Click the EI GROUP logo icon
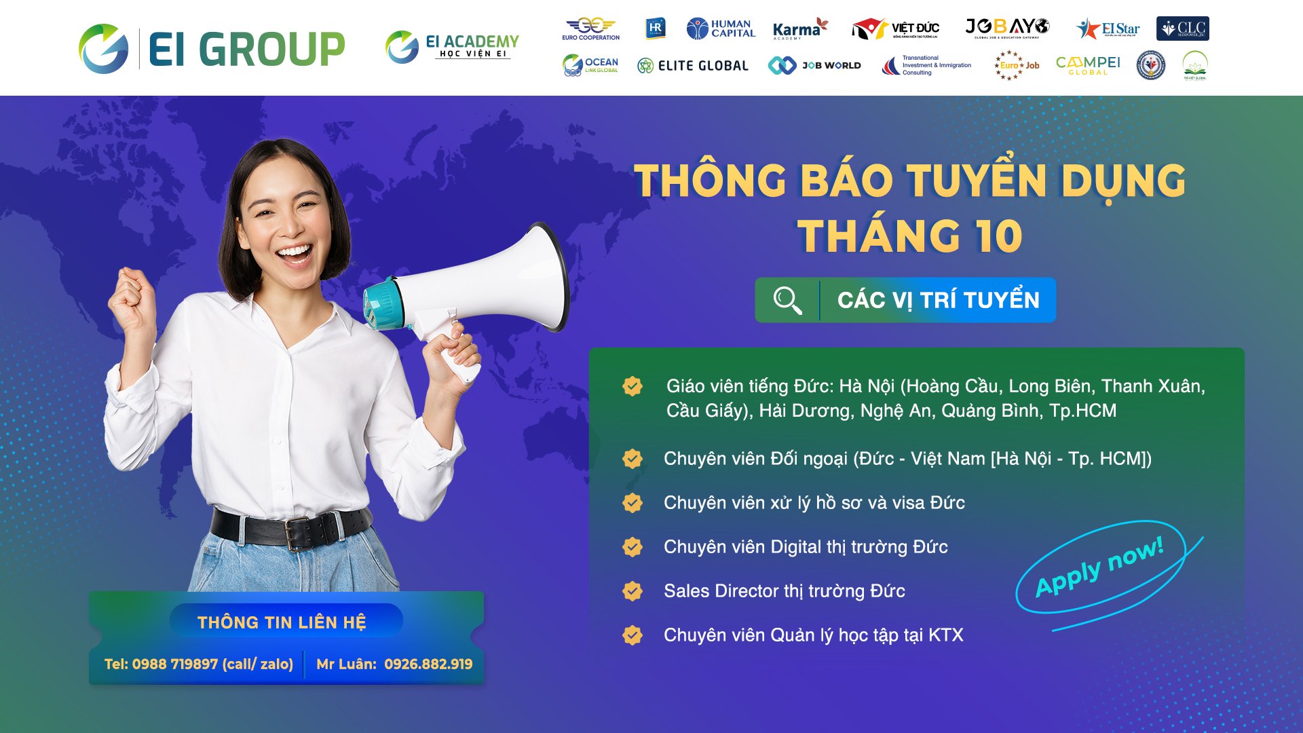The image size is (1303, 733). pyautogui.click(x=103, y=49)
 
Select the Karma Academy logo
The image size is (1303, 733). pyautogui.click(x=800, y=29)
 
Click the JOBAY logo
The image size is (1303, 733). pyautogui.click(x=1007, y=28)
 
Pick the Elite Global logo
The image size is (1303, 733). pyautogui.click(x=693, y=66)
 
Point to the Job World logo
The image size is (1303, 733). pyautogui.click(x=814, y=65)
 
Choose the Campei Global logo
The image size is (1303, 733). pyautogui.click(x=1088, y=65)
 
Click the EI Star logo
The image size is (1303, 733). pyautogui.click(x=1108, y=29)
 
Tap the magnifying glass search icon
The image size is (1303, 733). pyautogui.click(x=787, y=300)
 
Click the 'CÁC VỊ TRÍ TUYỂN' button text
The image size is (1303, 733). pyautogui.click(x=938, y=300)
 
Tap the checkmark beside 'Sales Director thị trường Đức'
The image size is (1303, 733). pyautogui.click(x=632, y=591)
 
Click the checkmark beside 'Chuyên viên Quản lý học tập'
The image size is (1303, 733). pyautogui.click(x=632, y=635)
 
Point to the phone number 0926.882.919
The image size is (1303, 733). pyautogui.click(x=428, y=664)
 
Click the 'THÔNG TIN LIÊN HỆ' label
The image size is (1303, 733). pyautogui.click(x=282, y=622)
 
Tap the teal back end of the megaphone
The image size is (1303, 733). pyautogui.click(x=383, y=304)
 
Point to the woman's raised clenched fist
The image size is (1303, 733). pyautogui.click(x=132, y=299)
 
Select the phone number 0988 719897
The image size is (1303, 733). pyautogui.click(x=174, y=664)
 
